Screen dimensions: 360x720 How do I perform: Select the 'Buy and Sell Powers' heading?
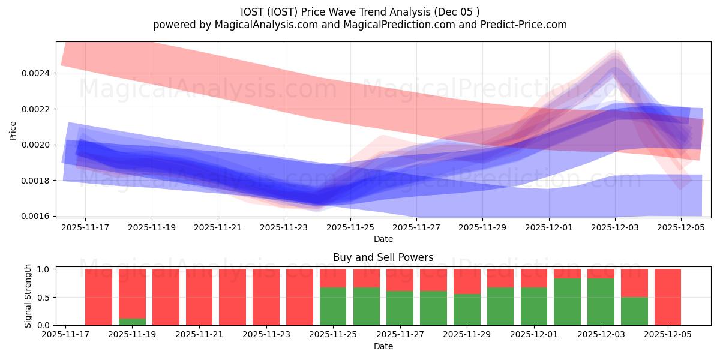pyautogui.click(x=383, y=257)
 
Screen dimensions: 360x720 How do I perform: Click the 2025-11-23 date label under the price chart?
pyautogui.click(x=284, y=227)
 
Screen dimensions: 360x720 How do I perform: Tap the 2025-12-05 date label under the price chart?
pyautogui.click(x=681, y=227)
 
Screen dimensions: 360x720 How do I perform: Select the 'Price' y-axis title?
pyautogui.click(x=13, y=130)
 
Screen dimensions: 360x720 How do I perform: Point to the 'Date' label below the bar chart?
pyautogui.click(x=383, y=346)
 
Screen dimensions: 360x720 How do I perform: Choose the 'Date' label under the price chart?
pyautogui.click(x=383, y=239)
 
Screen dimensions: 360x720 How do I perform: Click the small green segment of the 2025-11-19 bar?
pyautogui.click(x=132, y=322)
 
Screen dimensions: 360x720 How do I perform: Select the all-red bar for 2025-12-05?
pyautogui.click(x=668, y=297)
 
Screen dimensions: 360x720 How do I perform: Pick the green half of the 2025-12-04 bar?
pyautogui.click(x=634, y=311)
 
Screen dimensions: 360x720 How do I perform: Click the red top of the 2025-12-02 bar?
pyautogui.click(x=567, y=274)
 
